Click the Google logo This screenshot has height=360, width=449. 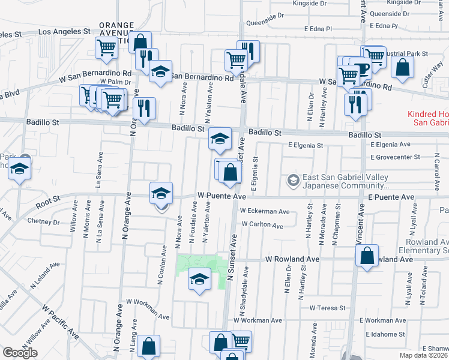point(20,353)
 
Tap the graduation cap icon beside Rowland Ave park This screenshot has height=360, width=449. point(199,279)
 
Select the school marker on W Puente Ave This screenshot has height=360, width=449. point(161,193)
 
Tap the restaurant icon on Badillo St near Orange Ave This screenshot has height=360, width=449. point(144,108)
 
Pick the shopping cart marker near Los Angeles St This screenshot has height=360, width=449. point(107,48)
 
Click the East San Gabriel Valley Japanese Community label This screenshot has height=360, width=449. point(345,182)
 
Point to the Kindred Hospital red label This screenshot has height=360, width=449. point(427,118)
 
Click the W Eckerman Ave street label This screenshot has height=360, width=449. point(264,211)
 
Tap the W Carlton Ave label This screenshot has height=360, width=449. point(262,226)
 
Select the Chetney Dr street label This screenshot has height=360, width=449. point(44,221)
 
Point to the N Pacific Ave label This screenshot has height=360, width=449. point(60,321)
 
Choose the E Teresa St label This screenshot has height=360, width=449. point(328,308)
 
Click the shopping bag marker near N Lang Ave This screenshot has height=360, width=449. point(148,347)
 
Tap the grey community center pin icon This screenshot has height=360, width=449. point(294,179)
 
